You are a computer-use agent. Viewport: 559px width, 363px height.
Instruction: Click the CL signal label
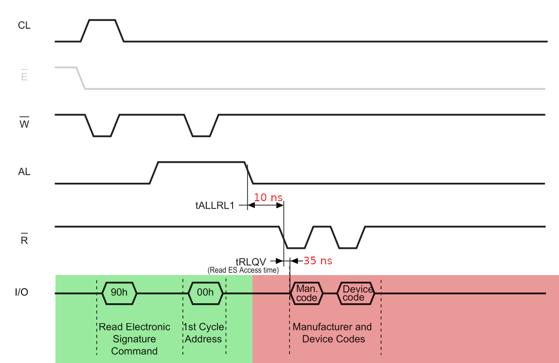click(24, 26)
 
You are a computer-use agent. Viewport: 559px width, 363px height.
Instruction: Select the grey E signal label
click(24, 77)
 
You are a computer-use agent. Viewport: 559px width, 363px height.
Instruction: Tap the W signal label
click(24, 124)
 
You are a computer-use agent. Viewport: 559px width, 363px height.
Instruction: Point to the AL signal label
click(24, 172)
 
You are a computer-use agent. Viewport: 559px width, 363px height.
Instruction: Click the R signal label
click(24, 240)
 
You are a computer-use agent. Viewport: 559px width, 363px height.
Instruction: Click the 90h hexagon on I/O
click(120, 293)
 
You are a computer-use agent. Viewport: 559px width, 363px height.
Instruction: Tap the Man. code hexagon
click(307, 294)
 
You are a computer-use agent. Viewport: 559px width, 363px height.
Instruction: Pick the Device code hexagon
click(358, 294)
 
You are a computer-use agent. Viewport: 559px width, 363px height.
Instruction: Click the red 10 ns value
click(268, 198)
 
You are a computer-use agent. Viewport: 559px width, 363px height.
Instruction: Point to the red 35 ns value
click(318, 261)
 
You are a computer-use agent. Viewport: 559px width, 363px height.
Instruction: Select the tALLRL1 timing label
click(215, 206)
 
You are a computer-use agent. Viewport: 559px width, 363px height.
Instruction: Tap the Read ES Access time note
click(243, 270)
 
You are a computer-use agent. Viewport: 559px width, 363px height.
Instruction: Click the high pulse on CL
click(102, 20)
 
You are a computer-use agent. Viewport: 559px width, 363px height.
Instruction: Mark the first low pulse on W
click(102, 136)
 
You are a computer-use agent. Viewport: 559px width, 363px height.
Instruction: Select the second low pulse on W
click(201, 136)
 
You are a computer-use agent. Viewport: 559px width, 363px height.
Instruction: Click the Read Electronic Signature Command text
click(134, 339)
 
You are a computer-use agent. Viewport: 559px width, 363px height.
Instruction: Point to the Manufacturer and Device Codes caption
click(333, 333)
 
